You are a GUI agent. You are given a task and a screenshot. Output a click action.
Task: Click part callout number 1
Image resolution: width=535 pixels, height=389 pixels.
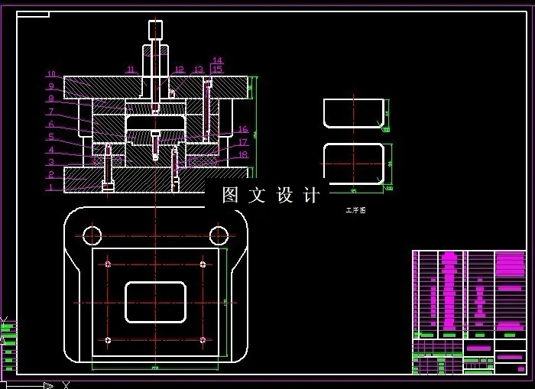51,187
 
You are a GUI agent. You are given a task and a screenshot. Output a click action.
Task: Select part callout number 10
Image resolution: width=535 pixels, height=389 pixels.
51,74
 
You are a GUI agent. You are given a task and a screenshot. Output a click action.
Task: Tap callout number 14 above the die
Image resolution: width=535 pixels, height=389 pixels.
217,60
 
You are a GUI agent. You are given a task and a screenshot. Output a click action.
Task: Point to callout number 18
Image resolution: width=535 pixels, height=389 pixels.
243,154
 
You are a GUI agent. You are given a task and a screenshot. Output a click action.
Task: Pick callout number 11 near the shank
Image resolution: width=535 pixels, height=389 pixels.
131,70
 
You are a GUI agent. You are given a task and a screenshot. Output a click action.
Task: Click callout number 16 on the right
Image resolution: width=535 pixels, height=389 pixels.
243,130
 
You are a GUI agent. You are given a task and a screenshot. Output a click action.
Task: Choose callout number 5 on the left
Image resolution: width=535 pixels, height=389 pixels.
51,137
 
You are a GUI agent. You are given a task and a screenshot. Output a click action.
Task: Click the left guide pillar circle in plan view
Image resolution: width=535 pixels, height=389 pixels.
92,234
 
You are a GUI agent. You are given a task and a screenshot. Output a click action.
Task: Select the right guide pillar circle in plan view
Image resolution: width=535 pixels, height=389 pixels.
219,234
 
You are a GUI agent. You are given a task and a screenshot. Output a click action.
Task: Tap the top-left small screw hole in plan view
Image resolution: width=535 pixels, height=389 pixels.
109,264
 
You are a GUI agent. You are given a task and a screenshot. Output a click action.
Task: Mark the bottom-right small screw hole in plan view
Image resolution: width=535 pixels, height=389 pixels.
203,340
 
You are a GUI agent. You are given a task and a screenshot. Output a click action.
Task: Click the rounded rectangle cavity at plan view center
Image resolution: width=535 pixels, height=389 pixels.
155,302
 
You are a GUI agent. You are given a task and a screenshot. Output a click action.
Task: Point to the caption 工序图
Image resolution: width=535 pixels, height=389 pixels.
355,210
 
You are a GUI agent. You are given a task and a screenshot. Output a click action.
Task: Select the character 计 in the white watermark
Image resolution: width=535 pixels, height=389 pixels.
311,195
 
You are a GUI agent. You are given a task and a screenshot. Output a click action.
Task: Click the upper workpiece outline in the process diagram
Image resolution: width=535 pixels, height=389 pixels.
352,112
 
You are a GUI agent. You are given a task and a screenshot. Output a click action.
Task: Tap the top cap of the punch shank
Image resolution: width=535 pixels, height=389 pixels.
155,30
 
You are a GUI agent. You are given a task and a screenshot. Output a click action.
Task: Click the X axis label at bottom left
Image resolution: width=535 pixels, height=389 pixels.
66,384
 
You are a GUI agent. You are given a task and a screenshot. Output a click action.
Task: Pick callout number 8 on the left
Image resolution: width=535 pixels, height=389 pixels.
51,99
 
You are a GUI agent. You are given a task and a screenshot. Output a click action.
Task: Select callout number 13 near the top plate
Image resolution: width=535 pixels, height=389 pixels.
199,70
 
